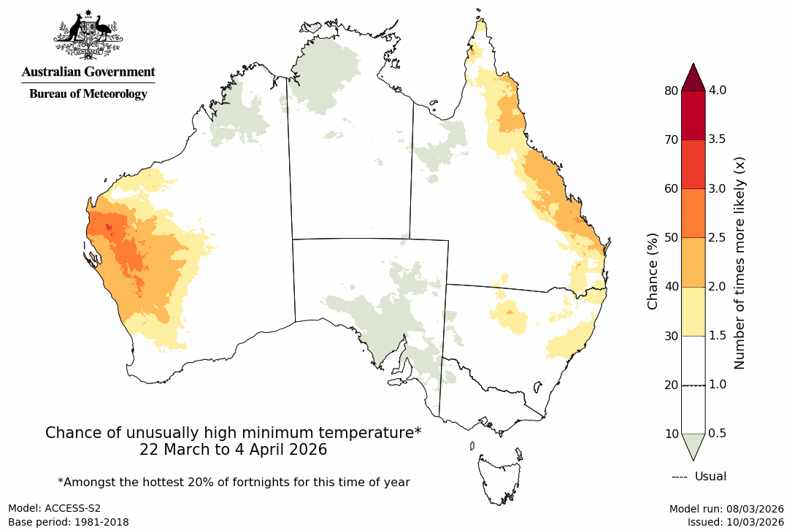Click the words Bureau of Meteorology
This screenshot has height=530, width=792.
tap(88, 93)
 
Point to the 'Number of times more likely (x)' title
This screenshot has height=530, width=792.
tap(739, 262)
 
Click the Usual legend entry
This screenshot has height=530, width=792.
tap(699, 477)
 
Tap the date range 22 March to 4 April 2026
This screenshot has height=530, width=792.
tap(234, 450)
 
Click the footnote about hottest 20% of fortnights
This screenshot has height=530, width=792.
tap(234, 482)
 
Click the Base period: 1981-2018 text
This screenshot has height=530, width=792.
tap(69, 522)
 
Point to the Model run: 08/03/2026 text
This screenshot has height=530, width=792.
tap(726, 509)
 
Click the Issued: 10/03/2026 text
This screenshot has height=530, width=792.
tap(735, 522)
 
